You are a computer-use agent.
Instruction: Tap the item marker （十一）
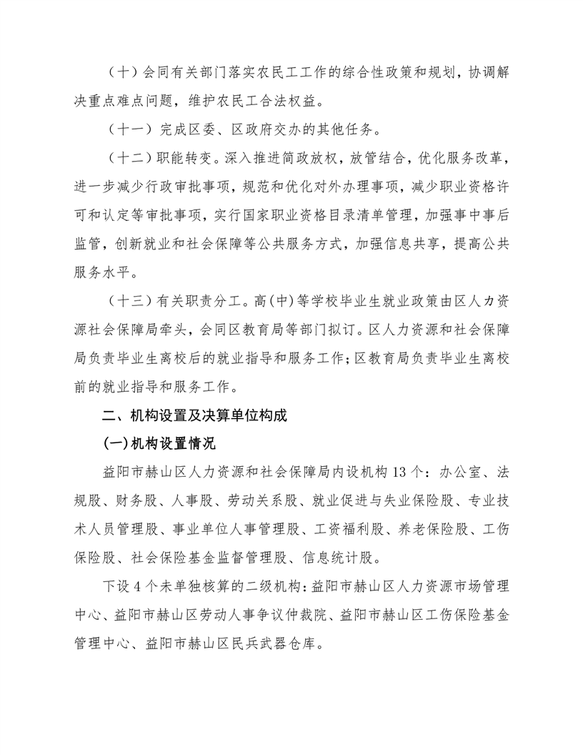click(129, 131)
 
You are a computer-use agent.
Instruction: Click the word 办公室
click(462, 473)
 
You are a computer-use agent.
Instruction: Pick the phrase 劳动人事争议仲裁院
click(248, 616)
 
